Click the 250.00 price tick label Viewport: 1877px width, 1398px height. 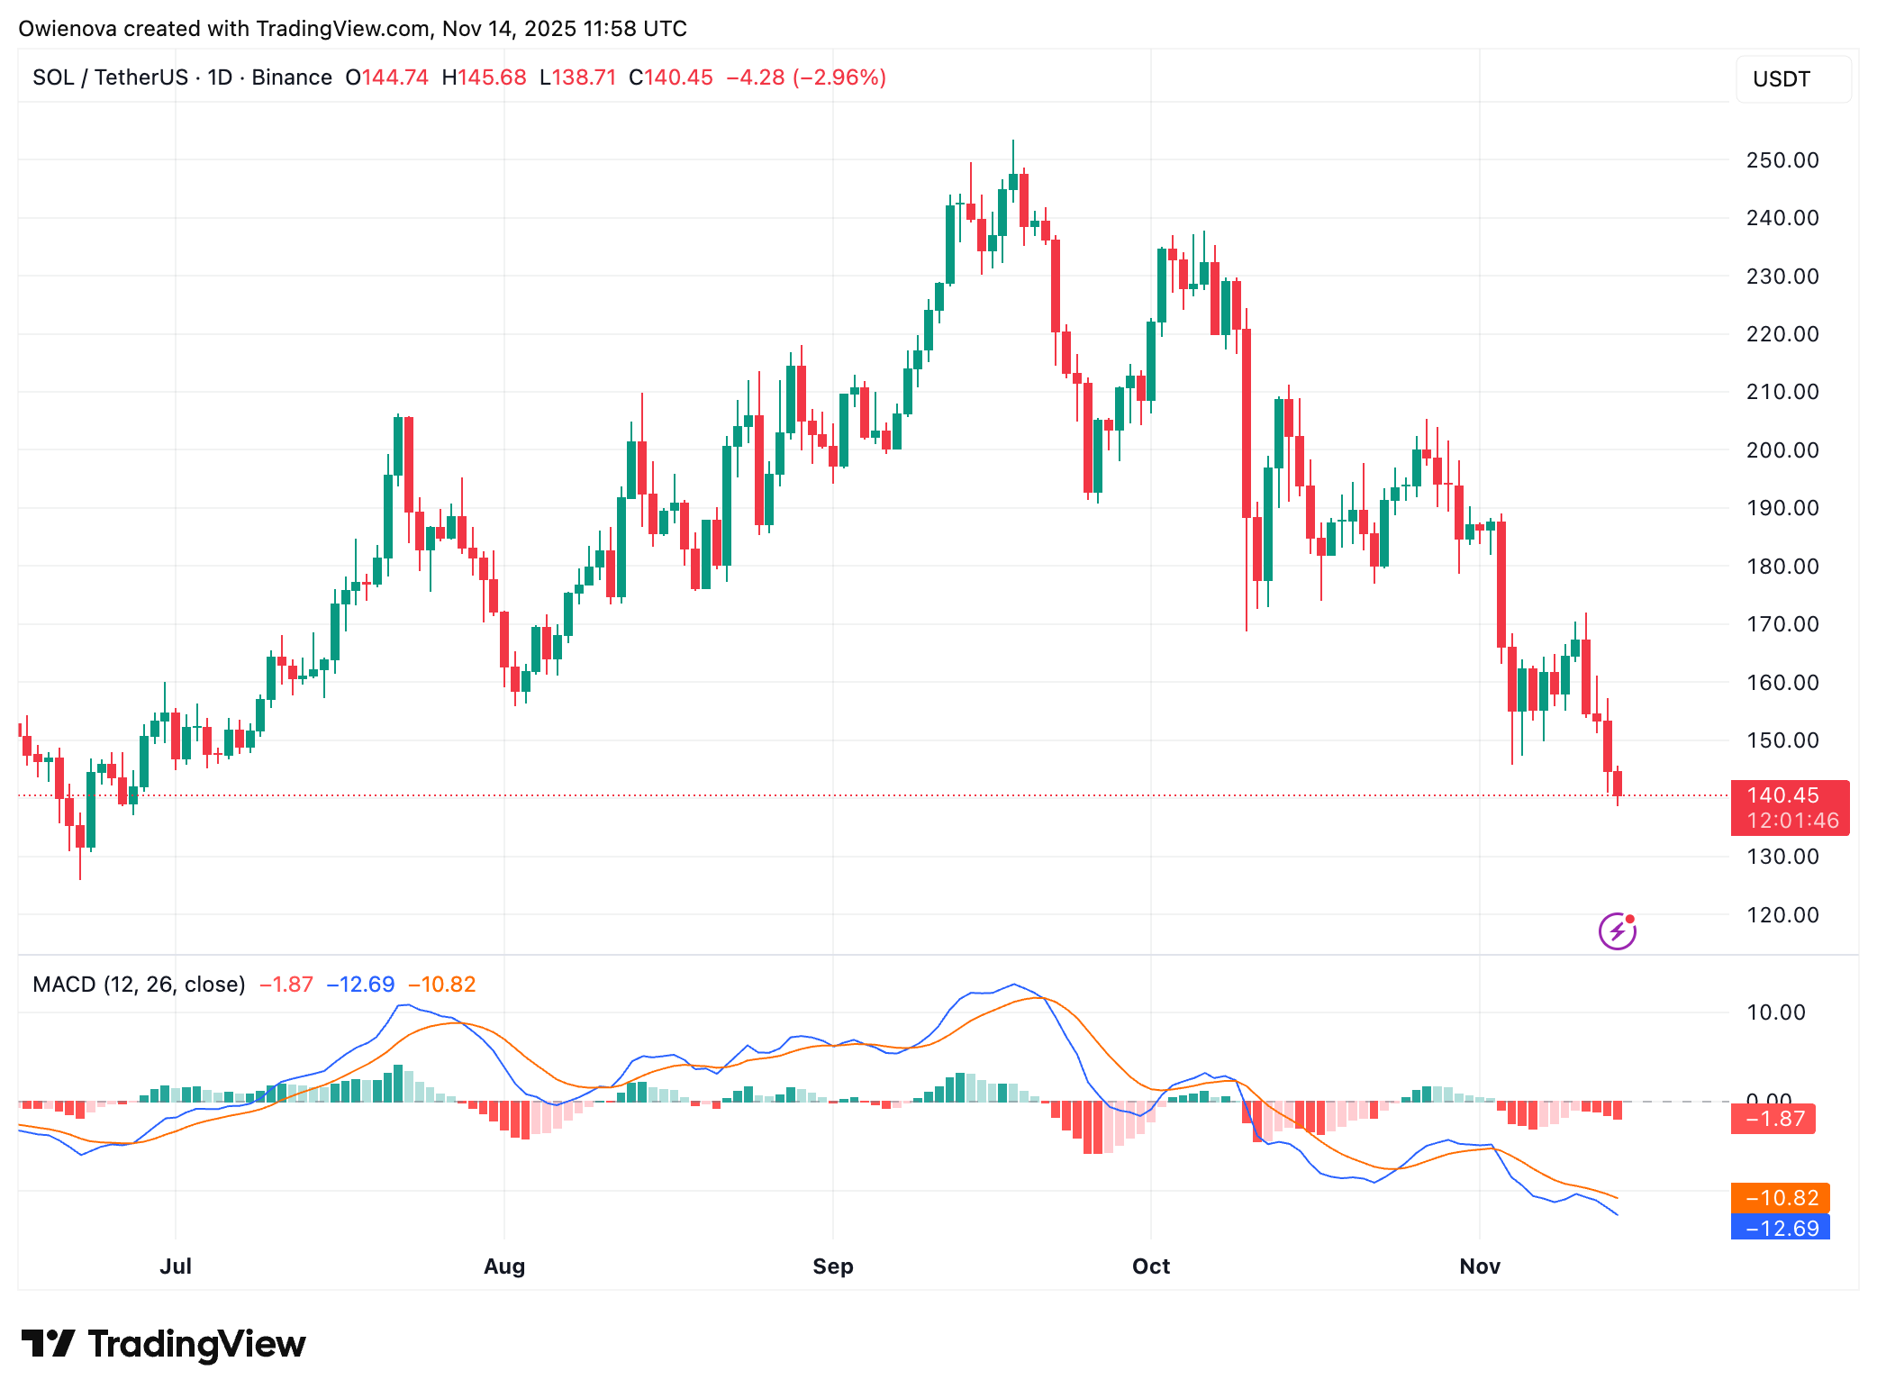[1782, 160]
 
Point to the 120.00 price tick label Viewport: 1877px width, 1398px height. [1782, 915]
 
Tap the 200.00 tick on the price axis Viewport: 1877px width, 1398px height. [1782, 450]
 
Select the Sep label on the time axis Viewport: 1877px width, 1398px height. [832, 1266]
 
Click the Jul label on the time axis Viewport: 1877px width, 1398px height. [176, 1266]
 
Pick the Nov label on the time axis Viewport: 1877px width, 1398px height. [1479, 1266]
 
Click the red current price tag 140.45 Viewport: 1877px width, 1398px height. [1789, 807]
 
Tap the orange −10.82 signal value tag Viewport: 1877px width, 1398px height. [1780, 1198]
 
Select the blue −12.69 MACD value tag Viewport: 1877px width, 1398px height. [1780, 1228]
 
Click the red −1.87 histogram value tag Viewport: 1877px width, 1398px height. [1773, 1119]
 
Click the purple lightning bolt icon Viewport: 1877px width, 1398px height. [1617, 931]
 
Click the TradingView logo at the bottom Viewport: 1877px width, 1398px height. [163, 1344]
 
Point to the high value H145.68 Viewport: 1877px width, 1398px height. [484, 77]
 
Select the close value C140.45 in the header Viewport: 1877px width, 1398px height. [670, 77]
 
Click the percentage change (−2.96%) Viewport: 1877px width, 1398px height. [839, 77]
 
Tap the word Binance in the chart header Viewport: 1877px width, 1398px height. [292, 77]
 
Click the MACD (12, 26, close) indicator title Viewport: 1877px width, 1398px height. [139, 985]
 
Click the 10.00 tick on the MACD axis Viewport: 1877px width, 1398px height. [1775, 1012]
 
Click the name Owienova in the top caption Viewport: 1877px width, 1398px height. [68, 29]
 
